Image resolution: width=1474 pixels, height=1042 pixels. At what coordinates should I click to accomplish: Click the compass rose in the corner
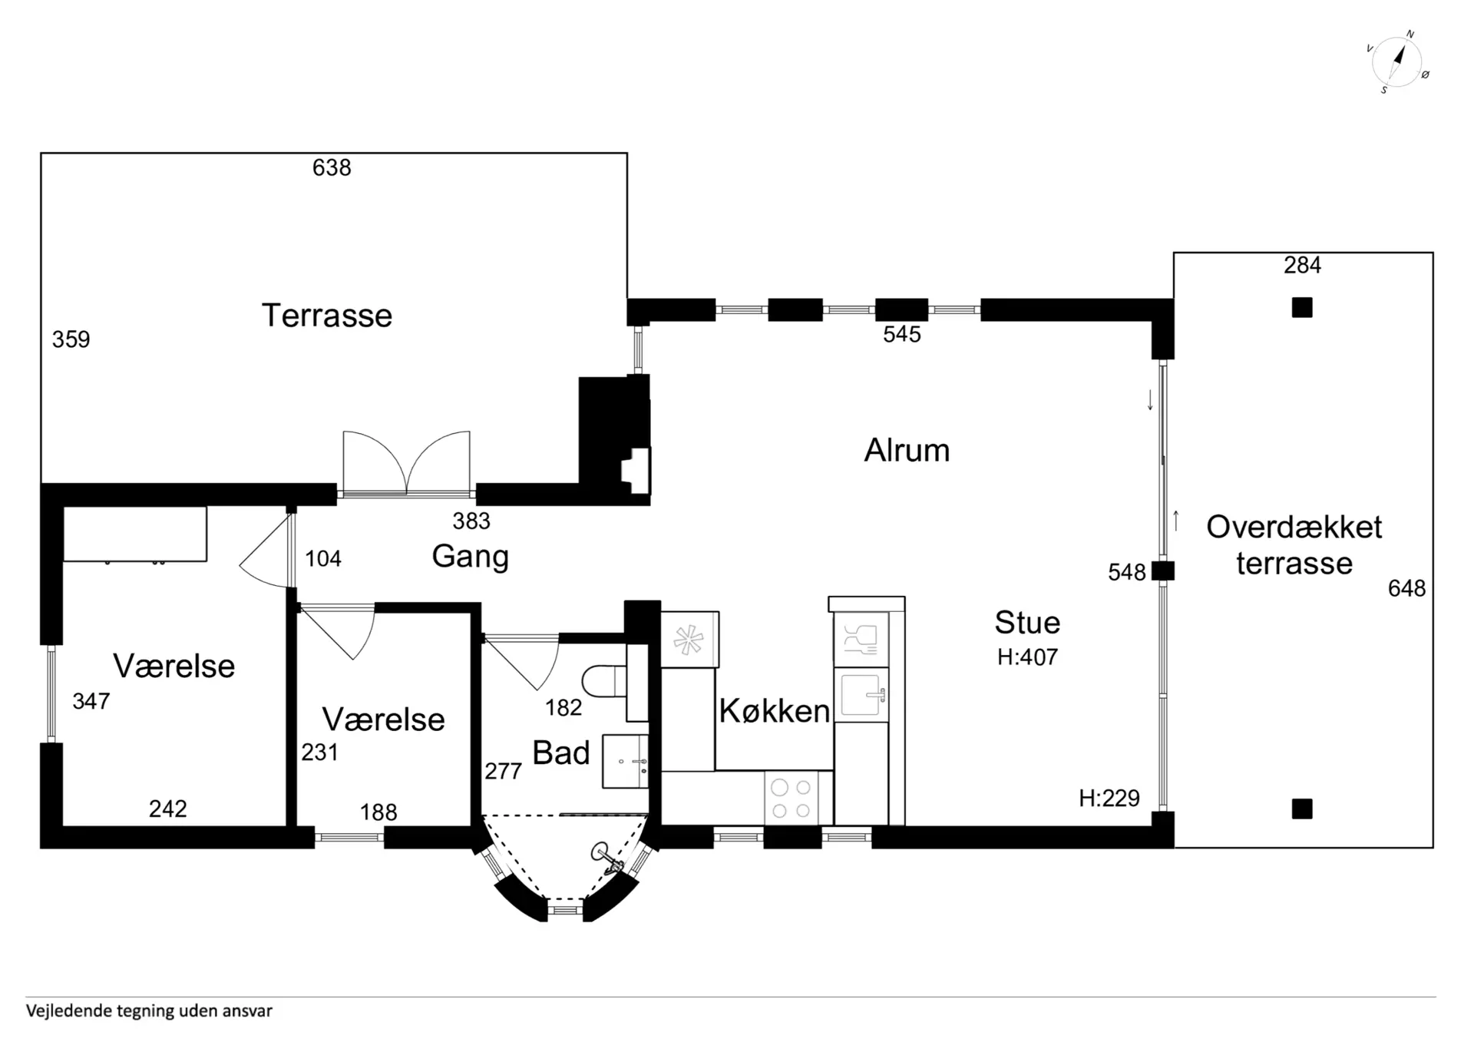[1397, 61]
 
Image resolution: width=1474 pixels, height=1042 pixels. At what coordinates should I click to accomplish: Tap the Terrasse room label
[327, 316]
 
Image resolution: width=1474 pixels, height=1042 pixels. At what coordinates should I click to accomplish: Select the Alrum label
[907, 450]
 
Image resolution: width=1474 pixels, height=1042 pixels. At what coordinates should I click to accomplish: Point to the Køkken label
[775, 711]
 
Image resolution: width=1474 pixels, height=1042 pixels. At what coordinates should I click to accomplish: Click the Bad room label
[561, 753]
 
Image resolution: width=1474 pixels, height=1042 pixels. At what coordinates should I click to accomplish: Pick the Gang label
[470, 557]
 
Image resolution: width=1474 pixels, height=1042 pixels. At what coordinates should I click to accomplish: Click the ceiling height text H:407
[1027, 657]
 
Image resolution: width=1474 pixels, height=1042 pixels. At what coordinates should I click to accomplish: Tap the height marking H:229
[1109, 799]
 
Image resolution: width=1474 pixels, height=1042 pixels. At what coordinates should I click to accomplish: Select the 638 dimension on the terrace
[332, 167]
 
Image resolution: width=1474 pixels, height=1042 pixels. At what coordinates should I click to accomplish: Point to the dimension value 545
[902, 334]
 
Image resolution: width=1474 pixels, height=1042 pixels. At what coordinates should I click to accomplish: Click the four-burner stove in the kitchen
[791, 799]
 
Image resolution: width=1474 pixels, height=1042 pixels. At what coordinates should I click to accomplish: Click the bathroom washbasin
[625, 761]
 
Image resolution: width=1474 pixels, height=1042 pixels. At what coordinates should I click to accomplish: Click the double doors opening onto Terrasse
[406, 464]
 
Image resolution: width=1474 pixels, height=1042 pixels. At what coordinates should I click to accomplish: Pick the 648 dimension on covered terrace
[1407, 589]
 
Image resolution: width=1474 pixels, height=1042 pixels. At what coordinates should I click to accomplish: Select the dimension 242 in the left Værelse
[168, 809]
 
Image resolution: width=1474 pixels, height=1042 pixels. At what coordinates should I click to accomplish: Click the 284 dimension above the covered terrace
[1303, 266]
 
